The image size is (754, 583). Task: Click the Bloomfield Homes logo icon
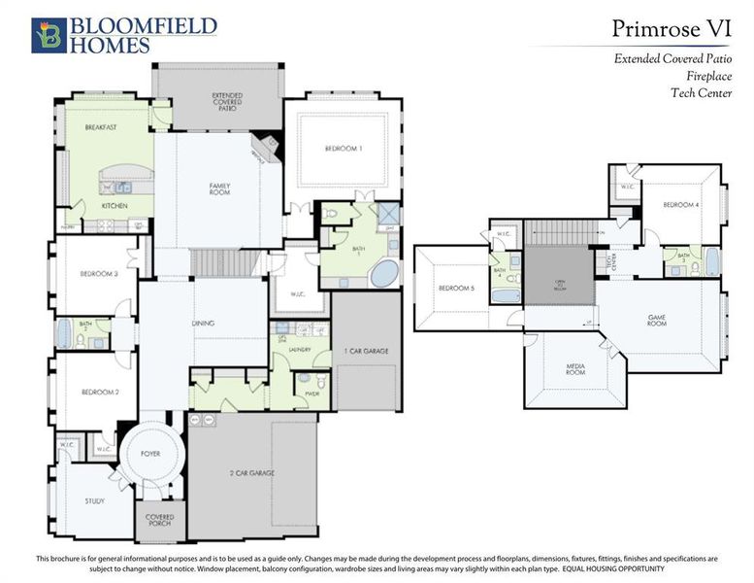49,35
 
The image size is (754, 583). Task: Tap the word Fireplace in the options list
705,76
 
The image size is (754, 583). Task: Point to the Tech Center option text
701,93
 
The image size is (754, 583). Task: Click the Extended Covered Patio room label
227,101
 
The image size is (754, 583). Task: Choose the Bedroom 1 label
343,148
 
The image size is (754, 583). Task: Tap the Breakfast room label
101,127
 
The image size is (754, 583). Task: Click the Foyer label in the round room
149,453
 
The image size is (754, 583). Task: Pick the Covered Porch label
158,521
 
